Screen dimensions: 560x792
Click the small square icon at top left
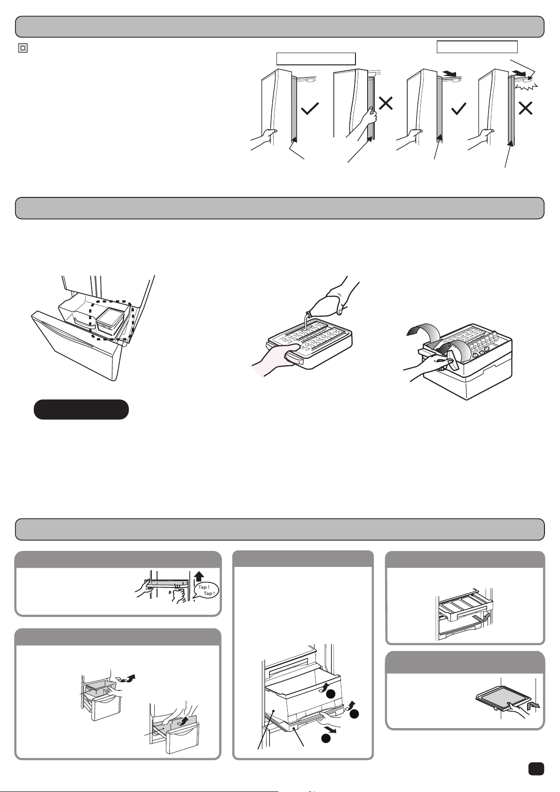pyautogui.click(x=23, y=48)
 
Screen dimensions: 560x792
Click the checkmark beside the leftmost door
pyautogui.click(x=310, y=108)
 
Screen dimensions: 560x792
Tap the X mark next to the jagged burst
pyautogui.click(x=525, y=108)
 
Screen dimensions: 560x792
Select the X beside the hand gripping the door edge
pyautogui.click(x=386, y=103)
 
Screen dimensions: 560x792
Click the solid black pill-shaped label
pyautogui.click(x=81, y=409)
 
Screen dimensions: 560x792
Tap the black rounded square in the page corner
pyautogui.click(x=536, y=768)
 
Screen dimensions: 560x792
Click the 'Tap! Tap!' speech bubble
pyautogui.click(x=206, y=590)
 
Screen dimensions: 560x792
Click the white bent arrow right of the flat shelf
pyautogui.click(x=533, y=706)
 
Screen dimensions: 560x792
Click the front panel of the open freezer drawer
pyautogui.click(x=78, y=343)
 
